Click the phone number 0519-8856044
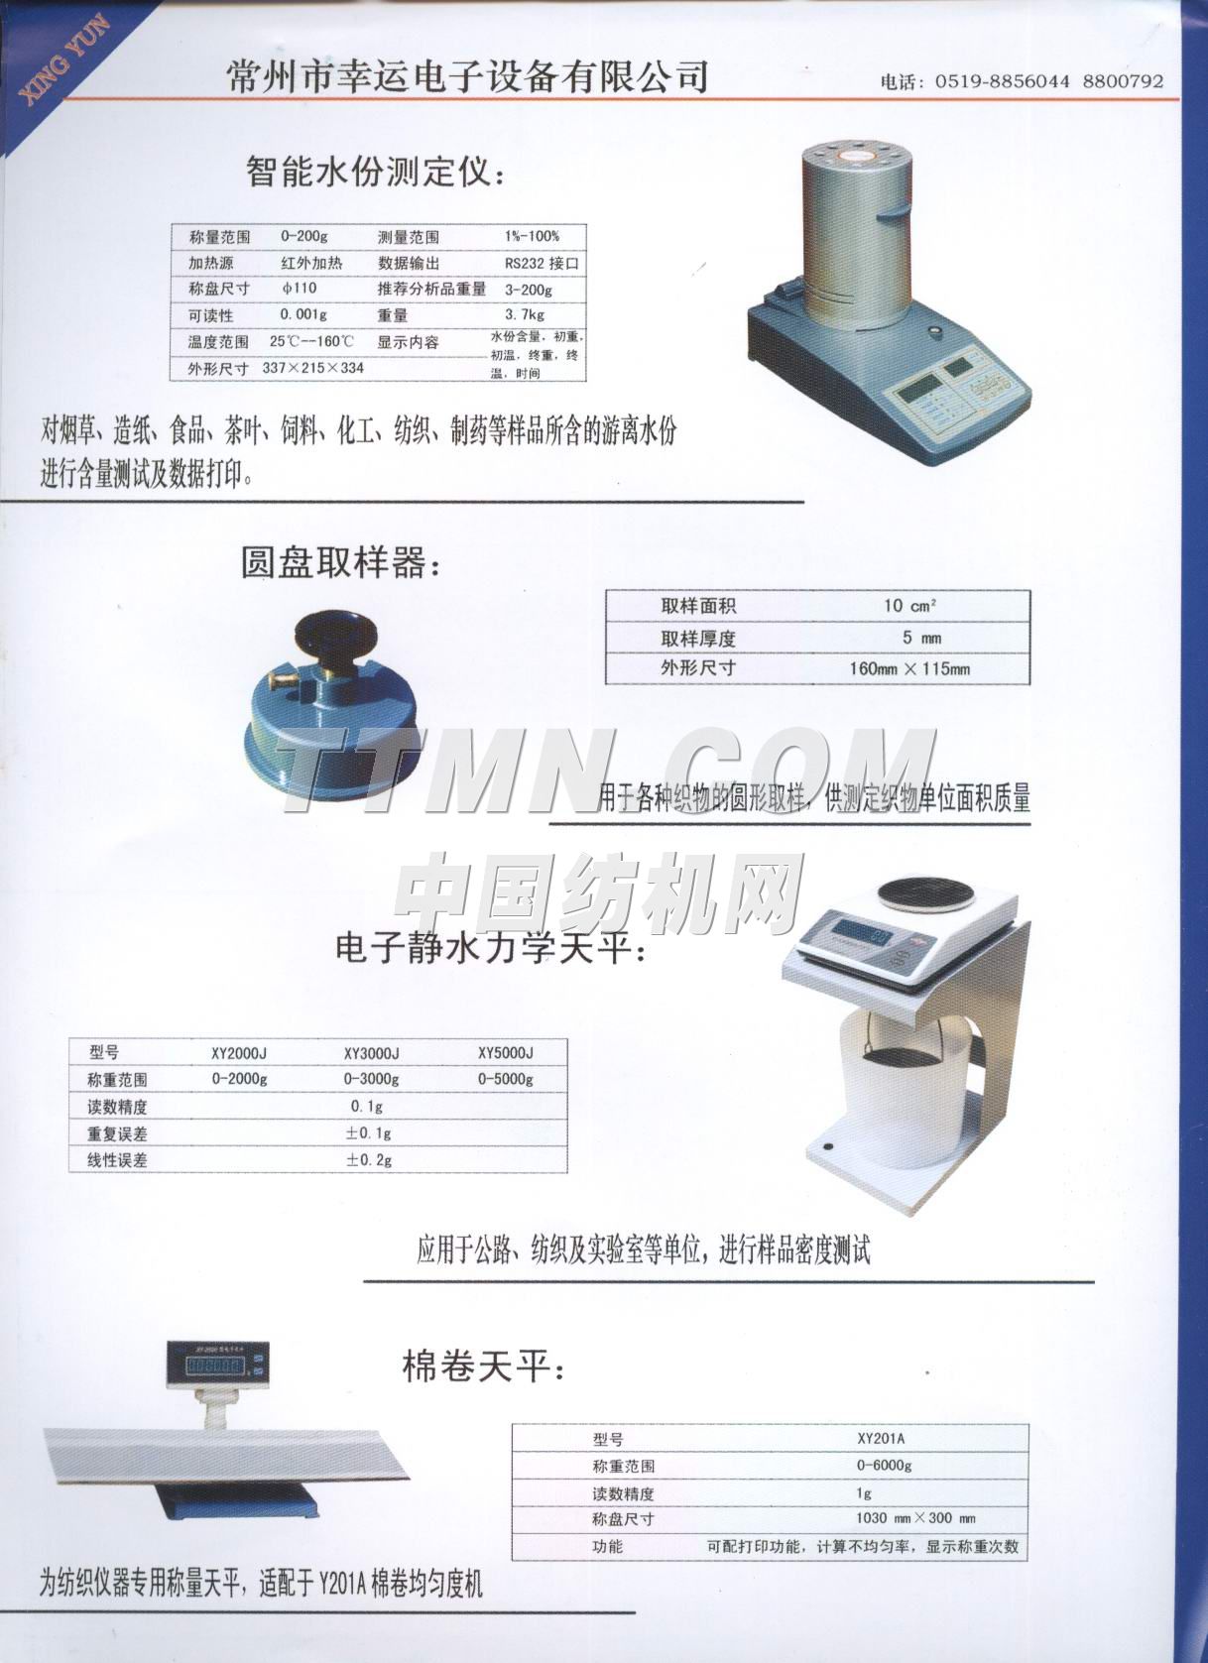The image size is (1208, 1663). tap(1002, 82)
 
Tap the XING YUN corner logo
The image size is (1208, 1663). tap(61, 56)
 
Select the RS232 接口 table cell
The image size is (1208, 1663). tap(541, 264)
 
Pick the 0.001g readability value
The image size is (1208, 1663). tap(303, 315)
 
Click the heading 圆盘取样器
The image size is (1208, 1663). tap(338, 563)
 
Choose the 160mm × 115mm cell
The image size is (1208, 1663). tap(908, 668)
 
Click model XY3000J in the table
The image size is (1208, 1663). tap(371, 1052)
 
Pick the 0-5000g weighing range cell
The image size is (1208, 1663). tap(505, 1079)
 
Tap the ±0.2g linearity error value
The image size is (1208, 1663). tap(369, 1159)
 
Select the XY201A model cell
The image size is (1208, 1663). tap(882, 1439)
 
